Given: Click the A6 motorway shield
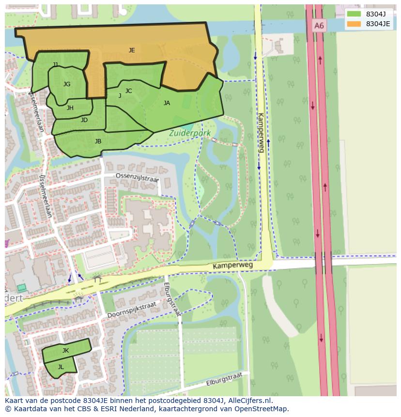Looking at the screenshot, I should (318, 26).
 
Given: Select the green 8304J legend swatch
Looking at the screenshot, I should (354, 14).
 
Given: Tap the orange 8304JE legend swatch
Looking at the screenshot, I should (354, 24).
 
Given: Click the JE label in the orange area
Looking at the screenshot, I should (132, 50).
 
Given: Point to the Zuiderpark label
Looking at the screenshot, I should (186, 132).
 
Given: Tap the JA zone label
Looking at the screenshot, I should (167, 103).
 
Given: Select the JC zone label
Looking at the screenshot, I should (128, 91).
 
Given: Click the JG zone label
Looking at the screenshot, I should (67, 84).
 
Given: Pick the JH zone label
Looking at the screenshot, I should (70, 108).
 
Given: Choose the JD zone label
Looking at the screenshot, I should (84, 120).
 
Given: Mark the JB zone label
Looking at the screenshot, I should (98, 141).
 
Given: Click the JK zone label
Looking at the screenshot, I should (65, 350).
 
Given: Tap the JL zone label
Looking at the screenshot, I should (61, 367).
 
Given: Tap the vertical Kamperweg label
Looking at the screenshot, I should (261, 133).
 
